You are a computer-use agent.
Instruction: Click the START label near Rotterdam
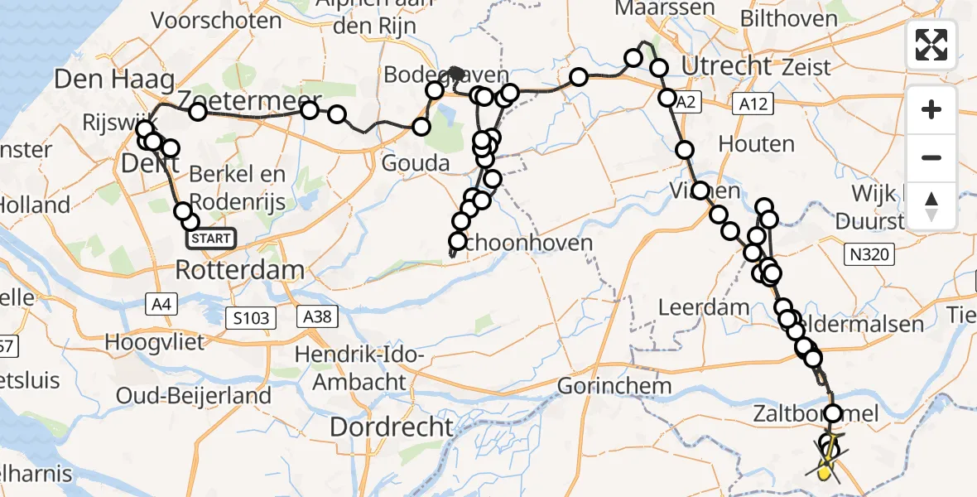[211, 239]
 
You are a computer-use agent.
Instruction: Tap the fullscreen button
[931, 45]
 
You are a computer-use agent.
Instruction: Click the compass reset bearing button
[931, 205]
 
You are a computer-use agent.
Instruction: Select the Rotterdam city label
[239, 270]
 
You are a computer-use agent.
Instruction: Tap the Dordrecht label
[392, 427]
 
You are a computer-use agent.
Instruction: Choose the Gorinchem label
[614, 385]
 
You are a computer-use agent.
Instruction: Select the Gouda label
[416, 162]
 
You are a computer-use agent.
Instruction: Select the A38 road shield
[319, 316]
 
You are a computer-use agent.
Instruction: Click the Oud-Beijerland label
[194, 396]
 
